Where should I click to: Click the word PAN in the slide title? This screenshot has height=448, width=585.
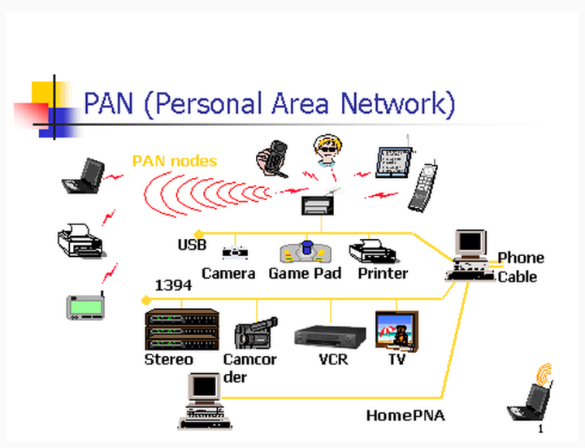[114, 104]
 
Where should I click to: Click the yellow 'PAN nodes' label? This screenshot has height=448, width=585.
[175, 161]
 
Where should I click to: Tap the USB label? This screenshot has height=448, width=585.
[192, 245]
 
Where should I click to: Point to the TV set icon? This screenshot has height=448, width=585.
[396, 329]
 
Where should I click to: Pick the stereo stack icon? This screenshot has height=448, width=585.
[181, 328]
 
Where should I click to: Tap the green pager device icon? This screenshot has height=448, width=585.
[86, 305]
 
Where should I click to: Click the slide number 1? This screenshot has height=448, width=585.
[540, 428]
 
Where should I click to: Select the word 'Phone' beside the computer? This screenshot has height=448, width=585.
[521, 258]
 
